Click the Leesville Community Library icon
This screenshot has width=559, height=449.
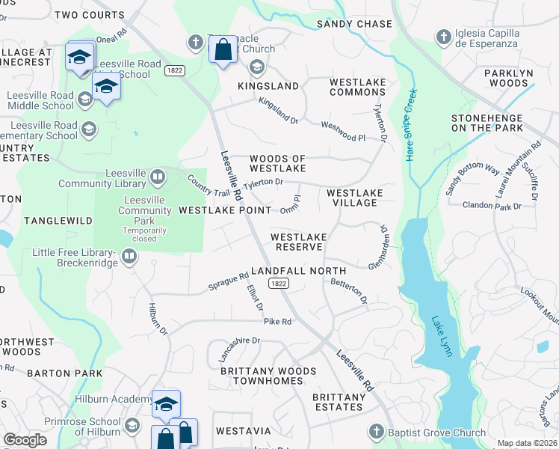[x=158, y=177]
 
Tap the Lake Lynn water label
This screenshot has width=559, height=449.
[x=442, y=336]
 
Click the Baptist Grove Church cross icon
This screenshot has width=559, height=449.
[x=376, y=432]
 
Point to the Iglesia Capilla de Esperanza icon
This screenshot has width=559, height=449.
[x=443, y=37]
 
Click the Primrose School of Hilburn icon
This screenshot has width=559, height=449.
[x=132, y=425]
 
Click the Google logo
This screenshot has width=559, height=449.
[x=25, y=440]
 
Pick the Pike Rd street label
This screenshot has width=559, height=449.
[x=277, y=322]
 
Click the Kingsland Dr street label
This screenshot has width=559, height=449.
[x=278, y=110]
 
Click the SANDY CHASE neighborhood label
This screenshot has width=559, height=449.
[x=354, y=24]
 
